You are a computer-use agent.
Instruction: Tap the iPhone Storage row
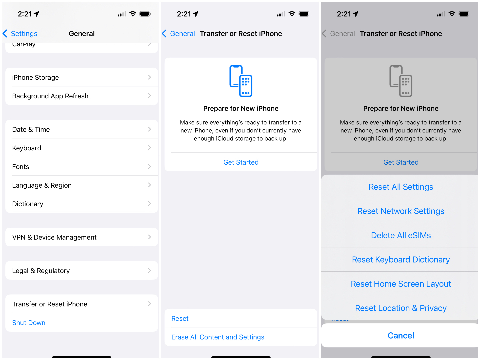point(82,77)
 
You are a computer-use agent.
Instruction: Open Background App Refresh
point(82,96)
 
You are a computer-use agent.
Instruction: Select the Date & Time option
point(82,129)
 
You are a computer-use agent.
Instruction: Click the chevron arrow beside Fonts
point(149,166)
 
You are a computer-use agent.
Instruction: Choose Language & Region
point(82,185)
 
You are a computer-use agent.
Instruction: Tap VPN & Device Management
point(82,237)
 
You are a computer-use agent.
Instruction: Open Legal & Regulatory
point(82,271)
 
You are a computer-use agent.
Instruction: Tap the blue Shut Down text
point(29,323)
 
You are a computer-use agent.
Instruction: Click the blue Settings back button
point(20,34)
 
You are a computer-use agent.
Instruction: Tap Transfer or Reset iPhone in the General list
point(82,304)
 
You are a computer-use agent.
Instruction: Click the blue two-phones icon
point(241,81)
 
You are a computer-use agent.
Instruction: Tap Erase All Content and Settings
point(218,337)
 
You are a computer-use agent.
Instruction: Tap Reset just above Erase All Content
point(180,319)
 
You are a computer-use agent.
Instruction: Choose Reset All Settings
point(401,187)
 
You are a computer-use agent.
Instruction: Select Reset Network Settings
point(401,211)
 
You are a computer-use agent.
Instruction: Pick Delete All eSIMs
point(401,236)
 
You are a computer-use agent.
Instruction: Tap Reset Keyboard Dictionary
point(401,260)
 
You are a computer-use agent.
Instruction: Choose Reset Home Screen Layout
point(401,284)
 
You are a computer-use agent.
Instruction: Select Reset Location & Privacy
point(401,308)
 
